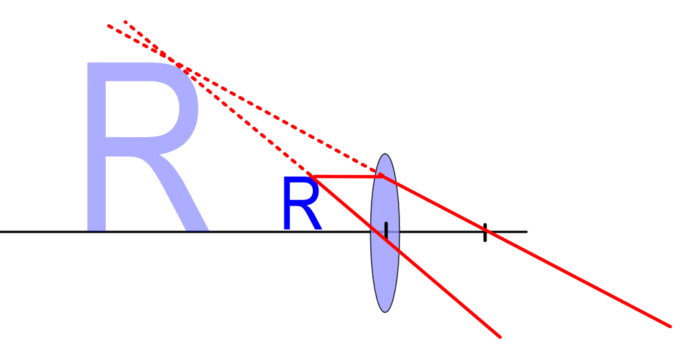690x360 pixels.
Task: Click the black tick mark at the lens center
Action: (386, 231)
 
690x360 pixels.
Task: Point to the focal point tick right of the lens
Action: (485, 233)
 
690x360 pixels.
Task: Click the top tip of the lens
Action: (385, 154)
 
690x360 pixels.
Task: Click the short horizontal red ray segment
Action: (346, 177)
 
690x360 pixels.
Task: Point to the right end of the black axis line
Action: (527, 231)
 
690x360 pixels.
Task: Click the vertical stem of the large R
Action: (96, 145)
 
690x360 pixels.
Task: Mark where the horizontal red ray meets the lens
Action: (383, 177)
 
